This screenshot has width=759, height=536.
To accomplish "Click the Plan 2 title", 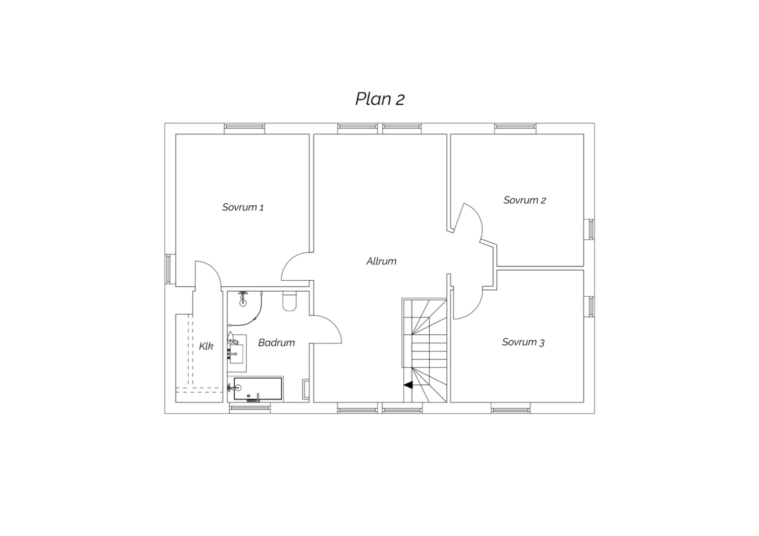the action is pyautogui.click(x=380, y=99).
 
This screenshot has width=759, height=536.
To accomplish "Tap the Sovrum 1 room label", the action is pyautogui.click(x=243, y=207).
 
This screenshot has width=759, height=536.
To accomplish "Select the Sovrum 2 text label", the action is pyautogui.click(x=525, y=200).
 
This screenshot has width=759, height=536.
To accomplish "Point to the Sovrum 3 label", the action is pyautogui.click(x=523, y=342).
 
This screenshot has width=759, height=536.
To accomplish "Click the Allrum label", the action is pyautogui.click(x=381, y=261).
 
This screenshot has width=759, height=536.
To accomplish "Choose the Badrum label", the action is pyautogui.click(x=276, y=343).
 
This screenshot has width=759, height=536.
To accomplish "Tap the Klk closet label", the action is pyautogui.click(x=206, y=346).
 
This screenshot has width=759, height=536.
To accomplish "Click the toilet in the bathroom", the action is pyautogui.click(x=289, y=301).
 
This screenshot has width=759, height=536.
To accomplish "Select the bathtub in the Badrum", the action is pyautogui.click(x=258, y=389).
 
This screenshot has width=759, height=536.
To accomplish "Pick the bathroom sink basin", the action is pyautogui.click(x=237, y=354).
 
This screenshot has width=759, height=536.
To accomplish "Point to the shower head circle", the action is pyautogui.click(x=242, y=303).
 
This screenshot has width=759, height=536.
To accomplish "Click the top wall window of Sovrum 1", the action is pyautogui.click(x=244, y=126).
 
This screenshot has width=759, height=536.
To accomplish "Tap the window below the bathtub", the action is pyautogui.click(x=250, y=409).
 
